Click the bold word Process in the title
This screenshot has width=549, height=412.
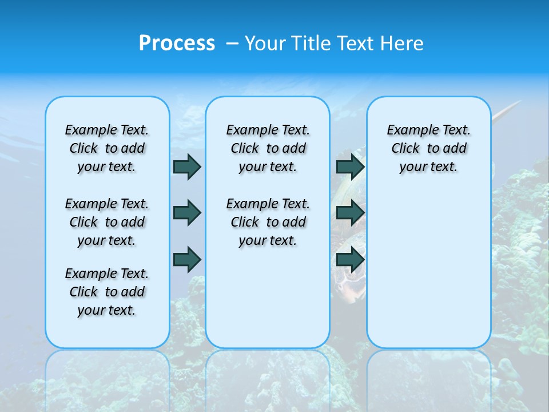[177, 43]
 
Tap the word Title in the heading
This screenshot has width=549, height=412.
[311, 43]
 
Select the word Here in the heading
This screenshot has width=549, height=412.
[403, 43]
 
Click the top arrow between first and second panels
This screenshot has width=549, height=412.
[187, 167]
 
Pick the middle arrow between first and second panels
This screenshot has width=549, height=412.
[187, 213]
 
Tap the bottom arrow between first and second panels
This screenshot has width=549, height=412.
[187, 259]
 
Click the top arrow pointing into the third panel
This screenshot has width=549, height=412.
[350, 167]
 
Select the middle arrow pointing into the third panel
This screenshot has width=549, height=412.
[350, 213]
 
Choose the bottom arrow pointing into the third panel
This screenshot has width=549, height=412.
[350, 259]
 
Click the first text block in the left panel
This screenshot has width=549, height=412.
[107, 148]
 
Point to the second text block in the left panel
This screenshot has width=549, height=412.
[107, 222]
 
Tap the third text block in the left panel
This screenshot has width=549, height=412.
[107, 292]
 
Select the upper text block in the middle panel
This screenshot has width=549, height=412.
[268, 148]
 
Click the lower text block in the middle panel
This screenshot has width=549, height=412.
[268, 222]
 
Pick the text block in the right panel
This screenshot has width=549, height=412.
[428, 148]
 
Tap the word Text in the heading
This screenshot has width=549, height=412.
[357, 43]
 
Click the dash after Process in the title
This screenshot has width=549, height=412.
[232, 43]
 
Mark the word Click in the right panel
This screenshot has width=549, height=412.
[405, 149]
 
